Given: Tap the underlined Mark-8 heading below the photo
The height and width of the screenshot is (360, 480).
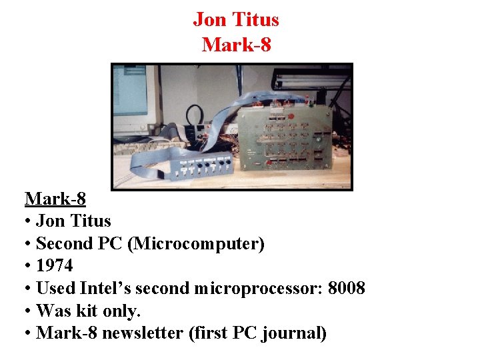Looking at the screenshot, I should pyautogui.click(x=55, y=199).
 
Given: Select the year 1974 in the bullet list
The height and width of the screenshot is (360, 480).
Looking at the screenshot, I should pyautogui.click(x=55, y=265).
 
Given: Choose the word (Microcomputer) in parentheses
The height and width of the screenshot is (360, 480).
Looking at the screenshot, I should pyautogui.click(x=198, y=243).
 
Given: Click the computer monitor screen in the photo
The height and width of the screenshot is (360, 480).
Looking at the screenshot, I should pyautogui.click(x=131, y=93).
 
